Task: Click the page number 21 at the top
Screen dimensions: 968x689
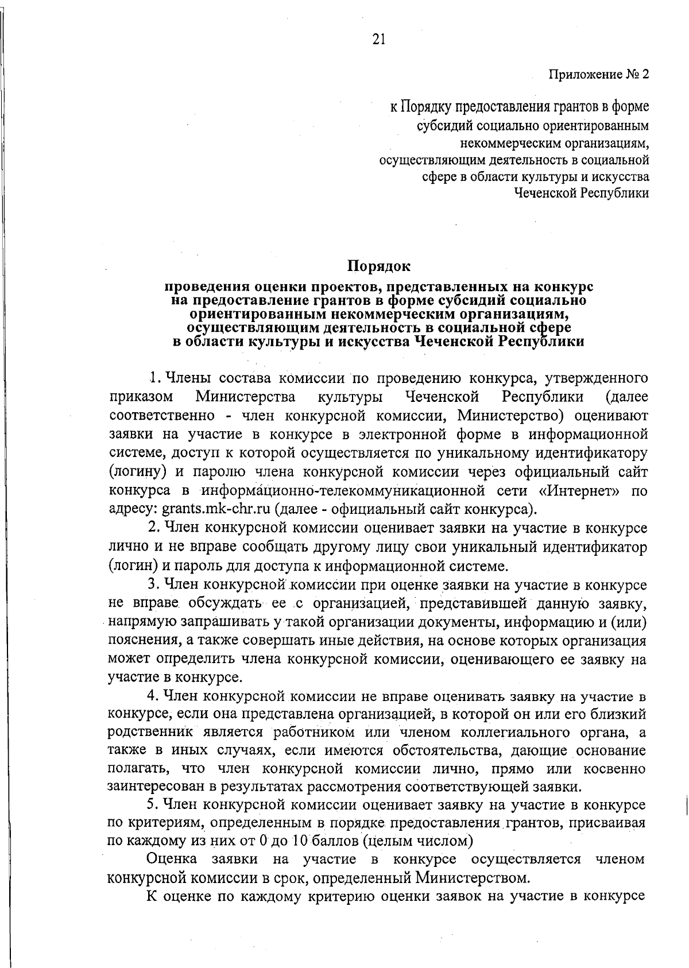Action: (378, 39)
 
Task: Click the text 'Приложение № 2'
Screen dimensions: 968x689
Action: (598, 75)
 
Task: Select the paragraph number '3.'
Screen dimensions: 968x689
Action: (153, 585)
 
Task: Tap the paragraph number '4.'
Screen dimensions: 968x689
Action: (153, 696)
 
